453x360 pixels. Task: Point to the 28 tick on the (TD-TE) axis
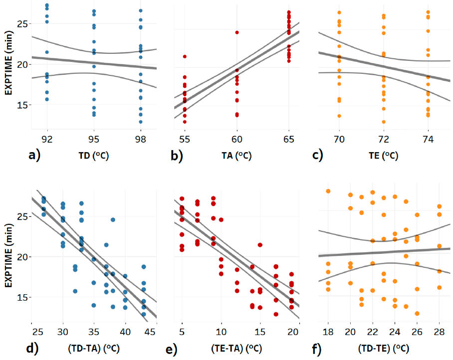[439, 332]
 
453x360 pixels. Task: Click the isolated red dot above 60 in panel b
[237, 32]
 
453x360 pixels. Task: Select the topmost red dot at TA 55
[185, 56]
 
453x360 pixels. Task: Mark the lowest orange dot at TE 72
[384, 122]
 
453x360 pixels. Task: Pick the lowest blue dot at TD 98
[141, 122]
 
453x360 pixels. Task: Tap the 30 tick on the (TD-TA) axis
[63, 332]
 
